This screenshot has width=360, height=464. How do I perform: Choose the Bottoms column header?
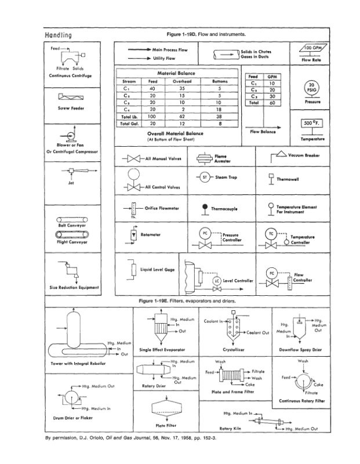click(219, 82)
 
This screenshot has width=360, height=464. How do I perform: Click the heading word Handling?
click(59, 35)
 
